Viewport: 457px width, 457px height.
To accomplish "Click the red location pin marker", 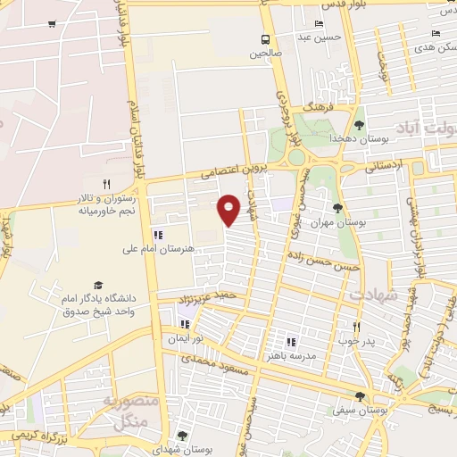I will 230,209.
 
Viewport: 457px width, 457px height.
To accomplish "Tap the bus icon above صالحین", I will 265,39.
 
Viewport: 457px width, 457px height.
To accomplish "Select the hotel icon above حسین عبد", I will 320,23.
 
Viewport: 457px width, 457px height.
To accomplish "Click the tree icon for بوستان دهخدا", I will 359,124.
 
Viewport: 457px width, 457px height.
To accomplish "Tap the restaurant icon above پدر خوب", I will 356,327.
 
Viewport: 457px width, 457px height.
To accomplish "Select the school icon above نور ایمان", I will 185,324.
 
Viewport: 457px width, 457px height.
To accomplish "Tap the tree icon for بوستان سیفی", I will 359,396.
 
